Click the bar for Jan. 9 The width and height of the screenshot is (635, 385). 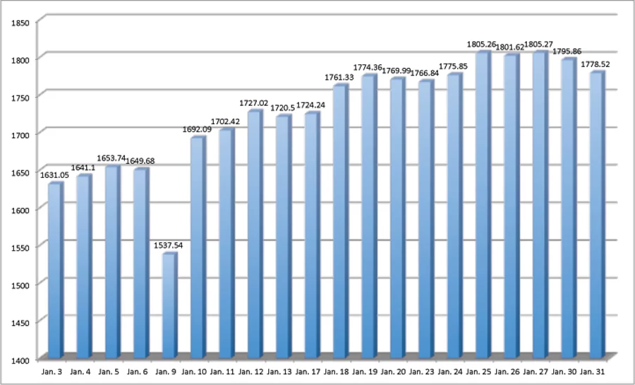tap(169, 305)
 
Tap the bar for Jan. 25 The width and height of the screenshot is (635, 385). tap(482, 205)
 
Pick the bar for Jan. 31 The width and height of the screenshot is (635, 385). tap(595, 215)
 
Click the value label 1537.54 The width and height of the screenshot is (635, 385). tap(169, 245)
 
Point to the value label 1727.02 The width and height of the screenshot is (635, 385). tap(254, 103)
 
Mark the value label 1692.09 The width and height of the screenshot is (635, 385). tap(197, 129)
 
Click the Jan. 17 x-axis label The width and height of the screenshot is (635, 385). tap(310, 371)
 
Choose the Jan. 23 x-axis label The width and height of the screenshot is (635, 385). tap(425, 371)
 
